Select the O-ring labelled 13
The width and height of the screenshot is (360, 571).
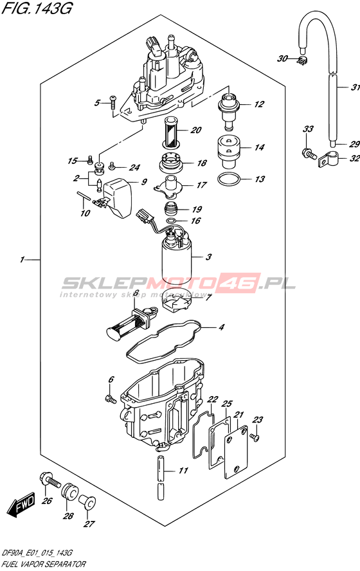point(229,179)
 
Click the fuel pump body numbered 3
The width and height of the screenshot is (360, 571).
point(177,259)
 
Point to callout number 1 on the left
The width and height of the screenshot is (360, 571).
point(22,260)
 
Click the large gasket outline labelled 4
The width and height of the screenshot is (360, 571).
point(163,340)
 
